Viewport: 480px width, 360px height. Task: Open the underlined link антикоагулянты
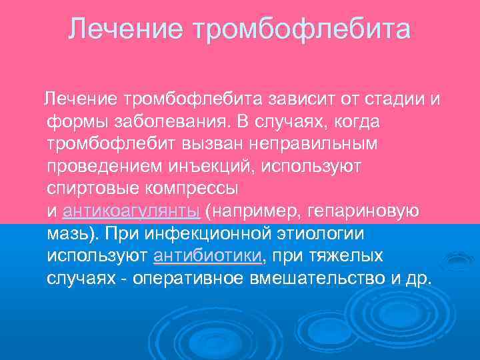[131, 212]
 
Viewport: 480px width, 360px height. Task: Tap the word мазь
[67, 234]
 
